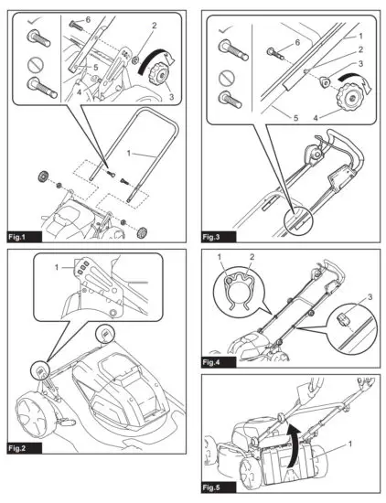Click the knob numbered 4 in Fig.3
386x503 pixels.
point(349,97)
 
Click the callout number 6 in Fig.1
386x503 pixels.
point(88,19)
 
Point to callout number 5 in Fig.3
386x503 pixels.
point(295,118)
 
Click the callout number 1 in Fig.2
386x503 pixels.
point(57,267)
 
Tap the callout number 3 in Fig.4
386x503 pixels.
point(370,297)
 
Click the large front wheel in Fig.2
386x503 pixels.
point(31,416)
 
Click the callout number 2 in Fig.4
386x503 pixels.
point(252,257)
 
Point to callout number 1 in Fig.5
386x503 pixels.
point(350,444)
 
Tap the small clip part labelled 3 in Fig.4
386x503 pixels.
point(342,319)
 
